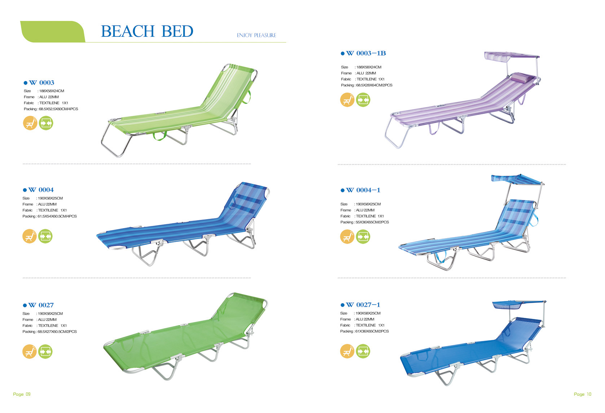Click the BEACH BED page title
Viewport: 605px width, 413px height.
[x=147, y=31]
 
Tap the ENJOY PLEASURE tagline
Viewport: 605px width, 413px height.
[x=256, y=35]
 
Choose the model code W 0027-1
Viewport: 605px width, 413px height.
[x=363, y=305]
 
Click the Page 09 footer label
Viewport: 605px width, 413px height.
[x=22, y=394]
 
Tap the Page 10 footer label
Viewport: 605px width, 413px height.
[x=583, y=394]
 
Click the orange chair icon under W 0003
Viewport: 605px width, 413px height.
[x=30, y=123]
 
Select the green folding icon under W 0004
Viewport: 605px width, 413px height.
[x=45, y=236]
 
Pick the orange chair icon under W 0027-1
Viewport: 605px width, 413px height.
[x=347, y=351]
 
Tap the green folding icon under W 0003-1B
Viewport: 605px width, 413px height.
[x=363, y=100]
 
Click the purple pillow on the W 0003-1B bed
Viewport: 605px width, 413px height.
[x=520, y=77]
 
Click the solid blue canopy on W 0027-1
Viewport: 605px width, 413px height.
[x=517, y=305]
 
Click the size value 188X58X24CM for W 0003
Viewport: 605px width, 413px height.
[x=52, y=91]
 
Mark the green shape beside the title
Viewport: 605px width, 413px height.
[x=53, y=32]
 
